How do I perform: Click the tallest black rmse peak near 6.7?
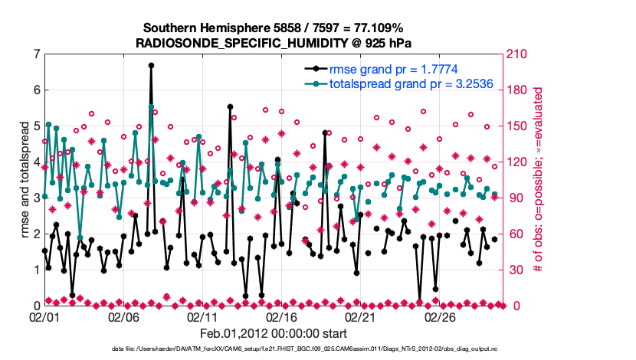151,66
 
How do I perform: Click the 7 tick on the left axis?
36,54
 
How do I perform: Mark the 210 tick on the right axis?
515,54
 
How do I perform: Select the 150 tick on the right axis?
515,126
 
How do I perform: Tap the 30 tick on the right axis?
512,270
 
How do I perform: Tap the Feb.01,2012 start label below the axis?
273,333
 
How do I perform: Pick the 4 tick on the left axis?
36,162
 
